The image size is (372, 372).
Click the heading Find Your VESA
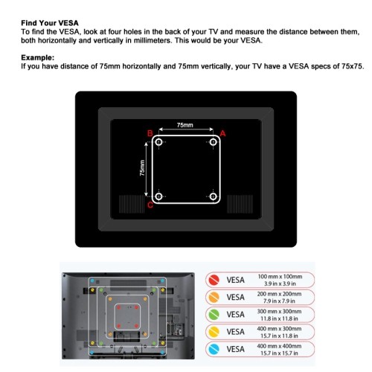tap(50, 23)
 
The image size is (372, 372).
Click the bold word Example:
tap(38, 57)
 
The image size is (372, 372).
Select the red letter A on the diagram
tap(222, 133)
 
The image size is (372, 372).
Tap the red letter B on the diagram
tap(150, 133)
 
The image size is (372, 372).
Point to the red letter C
tap(150, 205)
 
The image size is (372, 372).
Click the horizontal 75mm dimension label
tap(185, 125)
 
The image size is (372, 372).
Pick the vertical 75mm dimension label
tap(142, 168)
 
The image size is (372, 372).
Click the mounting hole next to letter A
tap(214, 142)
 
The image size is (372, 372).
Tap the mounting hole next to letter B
tap(158, 142)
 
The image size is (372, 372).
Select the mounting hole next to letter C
tap(158, 196)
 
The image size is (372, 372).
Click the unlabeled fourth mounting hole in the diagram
tap(214, 196)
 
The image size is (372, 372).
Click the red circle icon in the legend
tap(214, 280)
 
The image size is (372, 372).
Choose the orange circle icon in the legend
tap(214, 298)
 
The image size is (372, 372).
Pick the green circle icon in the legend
tap(214, 315)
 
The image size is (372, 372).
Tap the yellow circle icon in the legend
tap(214, 332)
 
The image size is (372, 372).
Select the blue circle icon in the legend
tap(214, 349)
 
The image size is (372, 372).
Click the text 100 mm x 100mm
tap(280, 277)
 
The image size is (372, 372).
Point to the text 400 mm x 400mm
tap(279, 346)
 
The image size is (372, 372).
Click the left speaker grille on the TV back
tap(132, 204)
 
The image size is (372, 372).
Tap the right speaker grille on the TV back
tap(240, 204)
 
